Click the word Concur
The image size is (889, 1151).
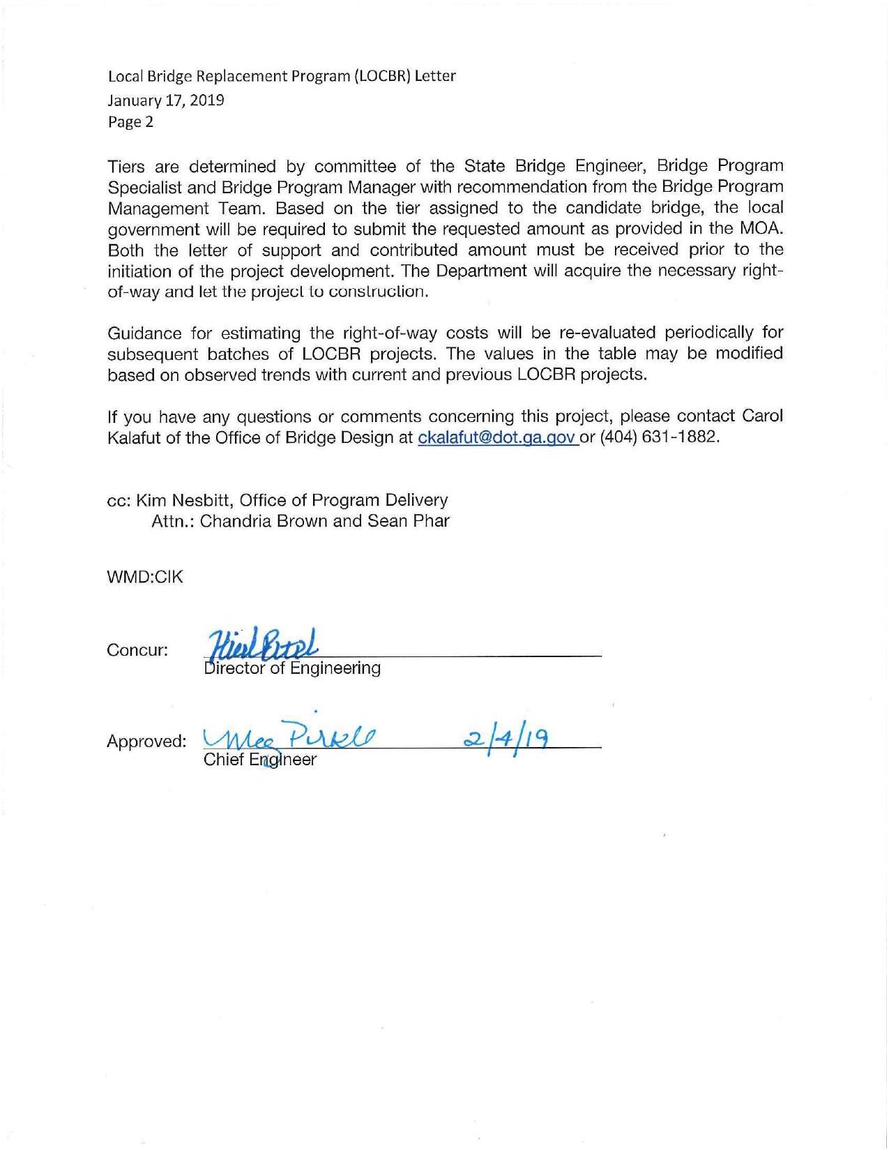pyautogui.click(x=137, y=651)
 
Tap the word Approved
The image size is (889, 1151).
pyautogui.click(x=146, y=742)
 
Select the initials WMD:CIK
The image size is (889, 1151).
pyautogui.click(x=145, y=577)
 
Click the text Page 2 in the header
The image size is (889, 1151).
pyautogui.click(x=130, y=122)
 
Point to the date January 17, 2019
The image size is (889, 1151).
pyautogui.click(x=165, y=100)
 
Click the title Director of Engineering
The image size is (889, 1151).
pyautogui.click(x=292, y=668)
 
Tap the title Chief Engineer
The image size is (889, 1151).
pyautogui.click(x=259, y=760)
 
